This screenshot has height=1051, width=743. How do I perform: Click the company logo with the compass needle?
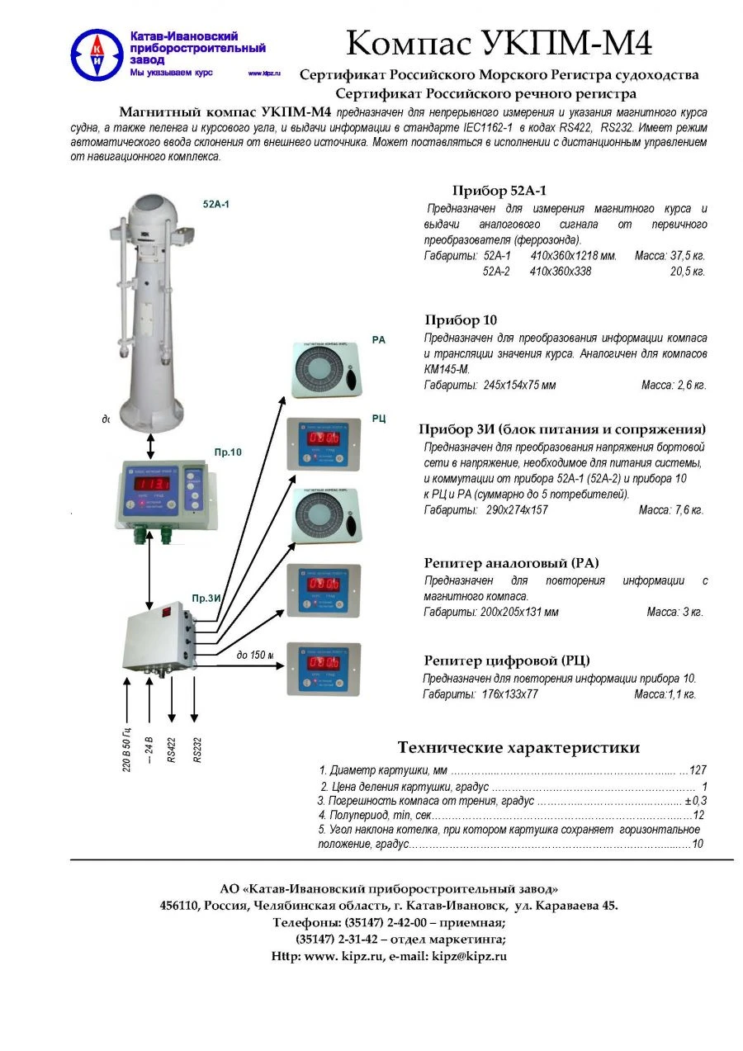(x=97, y=54)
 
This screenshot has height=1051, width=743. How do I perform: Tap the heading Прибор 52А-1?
(x=499, y=191)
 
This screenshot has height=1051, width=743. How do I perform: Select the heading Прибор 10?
(x=461, y=320)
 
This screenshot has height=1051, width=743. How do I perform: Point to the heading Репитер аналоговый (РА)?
(x=511, y=563)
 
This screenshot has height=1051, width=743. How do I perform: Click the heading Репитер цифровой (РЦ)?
(x=507, y=660)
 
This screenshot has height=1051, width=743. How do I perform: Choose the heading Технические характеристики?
(x=518, y=748)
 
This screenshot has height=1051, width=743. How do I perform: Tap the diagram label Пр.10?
(x=227, y=453)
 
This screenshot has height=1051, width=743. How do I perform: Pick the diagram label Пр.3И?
(x=205, y=598)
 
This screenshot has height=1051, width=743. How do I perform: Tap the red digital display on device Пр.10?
(x=153, y=484)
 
